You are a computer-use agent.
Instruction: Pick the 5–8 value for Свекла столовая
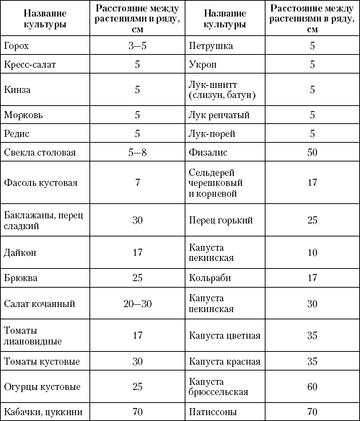pos(137,152)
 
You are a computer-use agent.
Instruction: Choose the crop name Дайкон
pos(19,253)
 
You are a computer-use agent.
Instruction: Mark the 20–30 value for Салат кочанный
pos(137,303)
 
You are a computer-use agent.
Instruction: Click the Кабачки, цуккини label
pos(38,412)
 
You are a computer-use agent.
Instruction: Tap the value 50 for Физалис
pos(312,152)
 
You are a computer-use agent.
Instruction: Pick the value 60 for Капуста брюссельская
pos(312,386)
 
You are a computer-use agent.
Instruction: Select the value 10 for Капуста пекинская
pos(312,253)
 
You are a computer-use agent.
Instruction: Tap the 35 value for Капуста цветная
pos(312,335)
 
